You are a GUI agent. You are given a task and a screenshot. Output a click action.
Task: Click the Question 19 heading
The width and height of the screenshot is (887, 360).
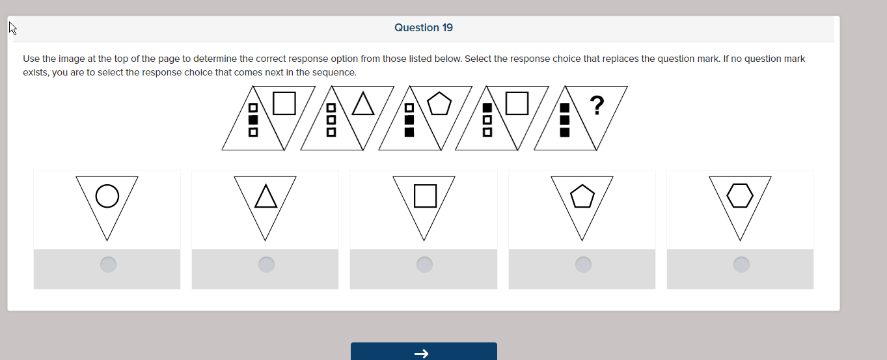(424, 27)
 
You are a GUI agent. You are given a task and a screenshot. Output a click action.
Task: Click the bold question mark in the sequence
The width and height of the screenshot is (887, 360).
(596, 105)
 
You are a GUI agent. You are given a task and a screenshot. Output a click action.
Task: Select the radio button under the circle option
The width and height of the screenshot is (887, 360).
(108, 264)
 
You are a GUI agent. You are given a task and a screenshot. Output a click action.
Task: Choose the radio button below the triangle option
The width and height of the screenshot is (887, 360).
(266, 264)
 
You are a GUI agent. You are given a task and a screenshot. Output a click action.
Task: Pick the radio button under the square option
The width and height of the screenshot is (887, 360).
(424, 264)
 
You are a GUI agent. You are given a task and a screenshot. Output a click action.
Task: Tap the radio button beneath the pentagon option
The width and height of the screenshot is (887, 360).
(583, 264)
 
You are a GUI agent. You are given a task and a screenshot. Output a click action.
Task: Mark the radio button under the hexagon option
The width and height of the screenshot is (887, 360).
(741, 264)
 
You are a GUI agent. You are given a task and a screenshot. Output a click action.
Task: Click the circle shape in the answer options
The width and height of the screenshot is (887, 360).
(107, 196)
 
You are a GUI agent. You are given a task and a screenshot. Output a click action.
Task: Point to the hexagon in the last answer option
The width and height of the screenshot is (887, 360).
(740, 195)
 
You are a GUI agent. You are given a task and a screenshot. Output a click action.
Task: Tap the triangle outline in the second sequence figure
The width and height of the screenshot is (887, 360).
(363, 104)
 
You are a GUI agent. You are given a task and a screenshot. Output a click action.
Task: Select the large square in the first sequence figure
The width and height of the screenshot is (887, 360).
(284, 103)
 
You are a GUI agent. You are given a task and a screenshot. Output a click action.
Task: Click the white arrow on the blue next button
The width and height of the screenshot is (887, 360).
(422, 353)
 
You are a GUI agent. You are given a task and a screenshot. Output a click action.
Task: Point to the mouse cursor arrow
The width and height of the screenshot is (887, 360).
(12, 28)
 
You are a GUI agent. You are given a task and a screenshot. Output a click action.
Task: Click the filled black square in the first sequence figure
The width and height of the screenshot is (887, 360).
(253, 120)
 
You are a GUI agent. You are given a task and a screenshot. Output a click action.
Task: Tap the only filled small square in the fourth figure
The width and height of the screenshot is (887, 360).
(487, 107)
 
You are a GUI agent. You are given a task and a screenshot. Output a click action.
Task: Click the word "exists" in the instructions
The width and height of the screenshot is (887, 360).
(35, 72)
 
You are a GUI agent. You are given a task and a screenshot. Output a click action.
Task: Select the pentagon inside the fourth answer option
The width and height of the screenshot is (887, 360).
(582, 197)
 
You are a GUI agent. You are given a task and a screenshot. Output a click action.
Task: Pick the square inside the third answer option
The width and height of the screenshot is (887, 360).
(425, 196)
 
